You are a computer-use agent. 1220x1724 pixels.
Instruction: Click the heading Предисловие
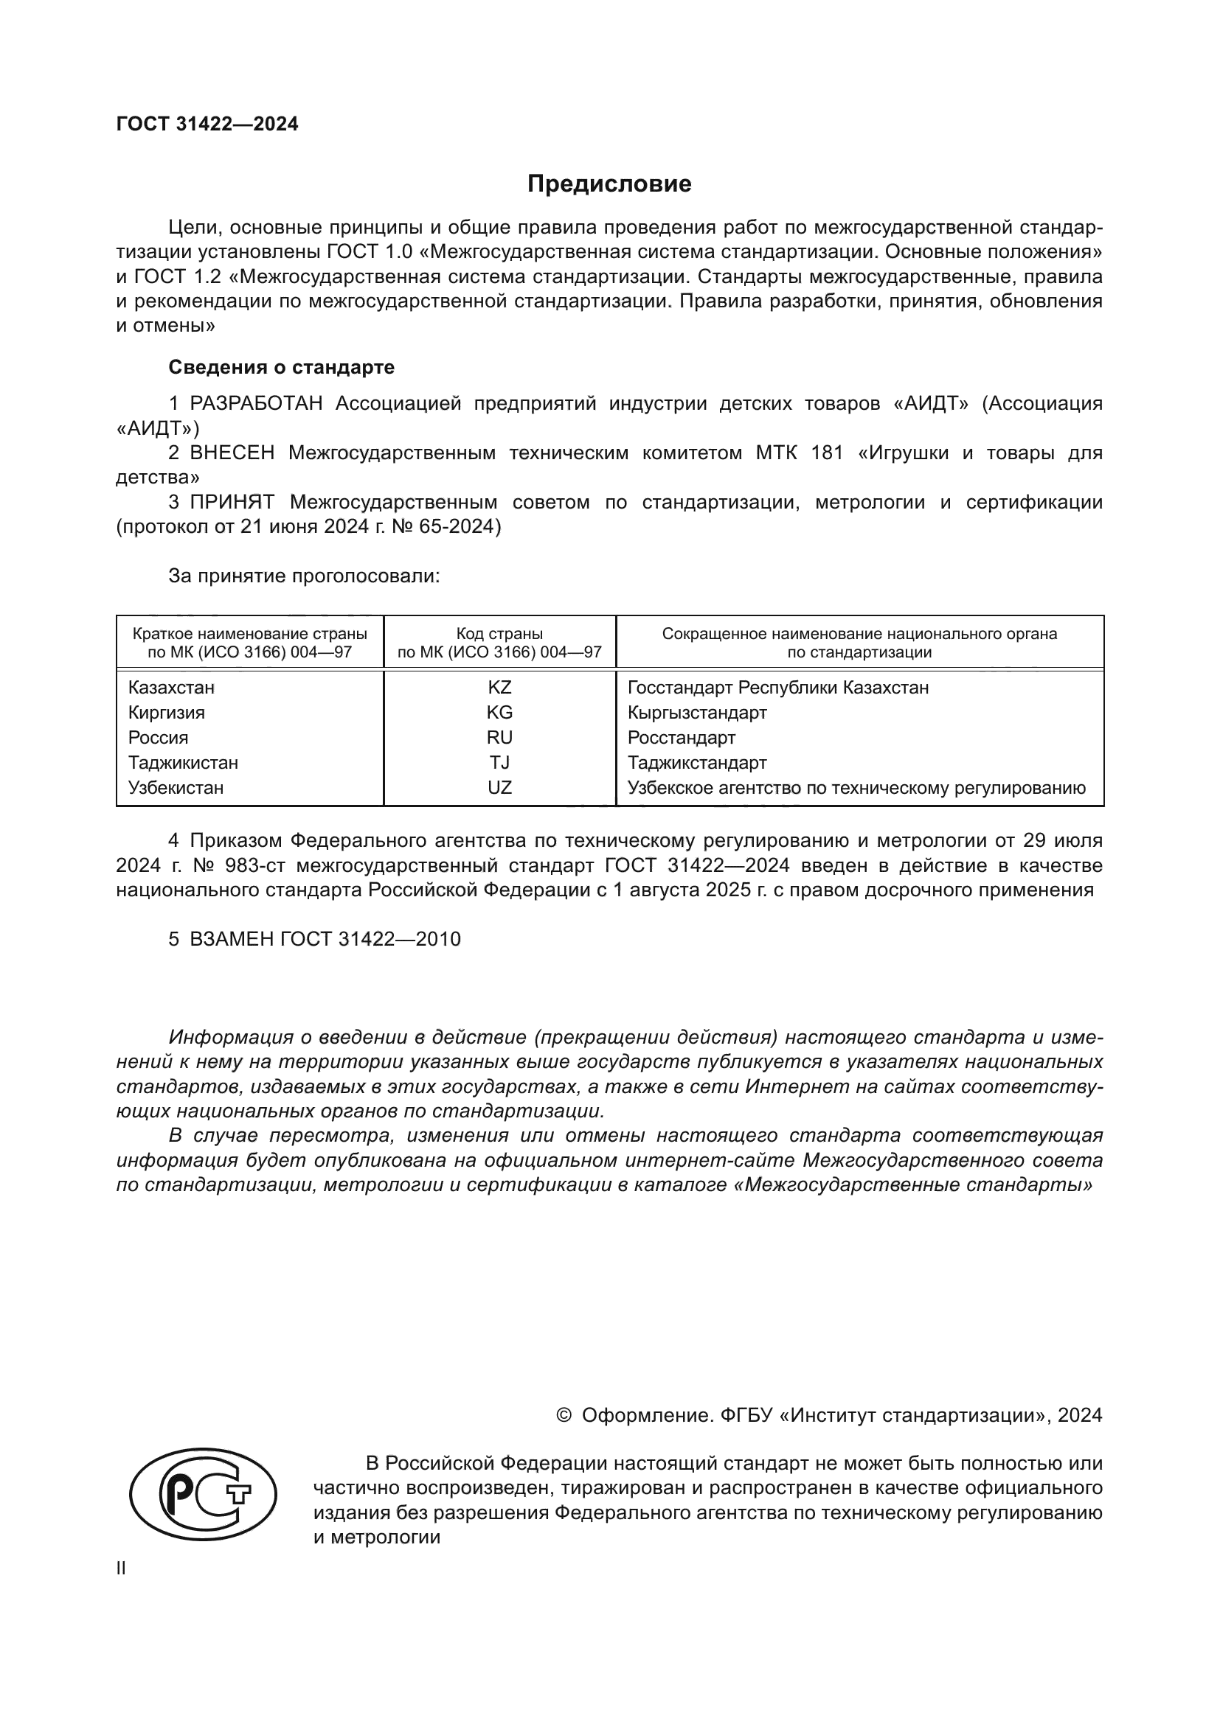[609, 184]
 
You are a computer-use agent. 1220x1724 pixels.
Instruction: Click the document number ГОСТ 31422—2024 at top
[207, 124]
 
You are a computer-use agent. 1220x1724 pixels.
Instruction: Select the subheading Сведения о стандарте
[281, 367]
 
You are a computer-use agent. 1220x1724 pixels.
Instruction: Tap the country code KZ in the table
[499, 687]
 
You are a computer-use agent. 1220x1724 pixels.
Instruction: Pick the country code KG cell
[499, 712]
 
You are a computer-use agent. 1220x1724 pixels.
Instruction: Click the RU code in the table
[499, 737]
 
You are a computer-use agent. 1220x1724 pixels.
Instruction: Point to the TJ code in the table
[499, 762]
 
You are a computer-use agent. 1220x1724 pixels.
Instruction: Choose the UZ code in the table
[499, 788]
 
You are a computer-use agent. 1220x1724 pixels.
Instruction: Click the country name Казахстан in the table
[171, 687]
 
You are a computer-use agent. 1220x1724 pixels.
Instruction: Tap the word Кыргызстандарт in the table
[696, 712]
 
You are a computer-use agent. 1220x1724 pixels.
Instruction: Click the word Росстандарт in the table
[681, 737]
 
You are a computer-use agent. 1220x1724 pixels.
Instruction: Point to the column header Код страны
[499, 633]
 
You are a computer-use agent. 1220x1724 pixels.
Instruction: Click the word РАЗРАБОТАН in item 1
[256, 403]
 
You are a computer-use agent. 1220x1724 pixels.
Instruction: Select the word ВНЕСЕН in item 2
[232, 453]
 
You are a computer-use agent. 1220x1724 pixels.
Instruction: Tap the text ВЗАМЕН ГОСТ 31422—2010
[325, 939]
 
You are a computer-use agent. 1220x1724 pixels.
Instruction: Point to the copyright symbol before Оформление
[564, 1416]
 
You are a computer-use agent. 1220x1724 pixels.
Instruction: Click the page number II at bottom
[121, 1568]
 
